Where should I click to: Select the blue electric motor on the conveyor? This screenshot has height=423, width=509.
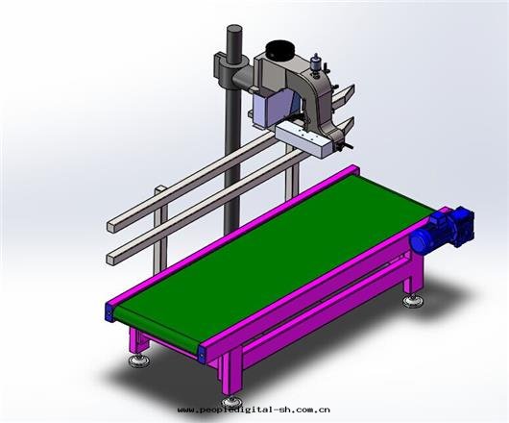coord(442,228)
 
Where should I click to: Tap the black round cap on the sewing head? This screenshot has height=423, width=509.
coord(279,50)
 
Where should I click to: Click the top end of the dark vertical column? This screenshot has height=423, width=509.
coord(234,29)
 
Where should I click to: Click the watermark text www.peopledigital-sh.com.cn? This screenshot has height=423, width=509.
coord(254,410)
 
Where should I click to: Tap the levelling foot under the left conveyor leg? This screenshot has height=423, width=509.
coord(138,360)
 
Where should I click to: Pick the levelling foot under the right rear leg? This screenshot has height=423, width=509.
coord(413,302)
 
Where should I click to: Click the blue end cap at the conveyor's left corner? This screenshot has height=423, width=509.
coord(109,312)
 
